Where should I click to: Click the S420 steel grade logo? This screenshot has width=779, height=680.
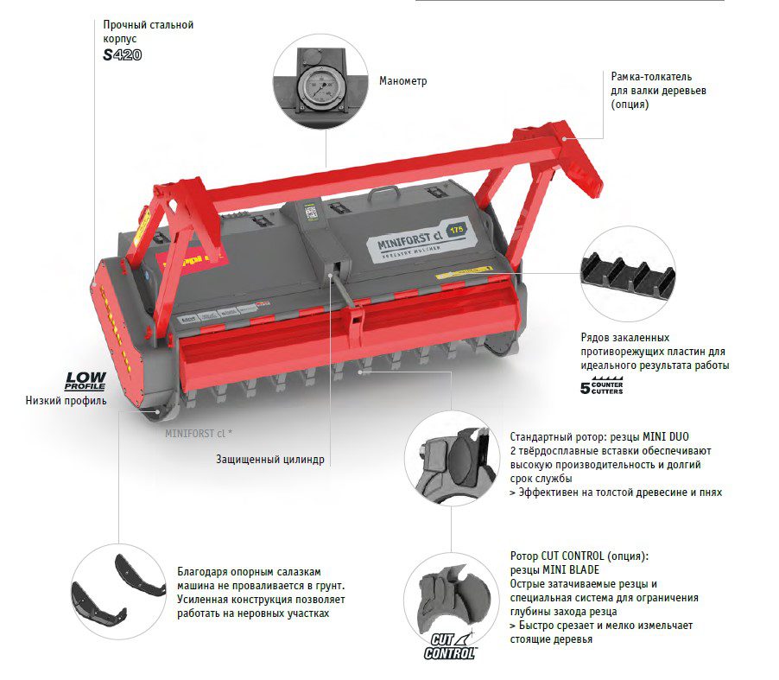pyautogui.click(x=123, y=54)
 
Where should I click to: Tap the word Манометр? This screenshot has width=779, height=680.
pyautogui.click(x=403, y=81)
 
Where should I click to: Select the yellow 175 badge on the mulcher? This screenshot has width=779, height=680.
pyautogui.click(x=456, y=229)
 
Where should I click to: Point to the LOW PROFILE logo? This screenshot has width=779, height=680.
pyautogui.click(x=85, y=381)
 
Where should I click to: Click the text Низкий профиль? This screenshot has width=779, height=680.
pyautogui.click(x=66, y=401)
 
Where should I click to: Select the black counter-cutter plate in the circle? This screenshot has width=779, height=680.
pyautogui.click(x=629, y=276)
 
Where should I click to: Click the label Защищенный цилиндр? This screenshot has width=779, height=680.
pyautogui.click(x=269, y=460)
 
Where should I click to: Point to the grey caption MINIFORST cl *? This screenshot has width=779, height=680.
pyautogui.click(x=199, y=434)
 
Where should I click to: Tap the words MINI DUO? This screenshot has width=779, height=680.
pyautogui.click(x=666, y=437)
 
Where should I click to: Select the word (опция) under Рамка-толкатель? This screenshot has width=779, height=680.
pyautogui.click(x=630, y=105)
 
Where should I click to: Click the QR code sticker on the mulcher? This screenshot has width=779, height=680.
pyautogui.click(x=311, y=213)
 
